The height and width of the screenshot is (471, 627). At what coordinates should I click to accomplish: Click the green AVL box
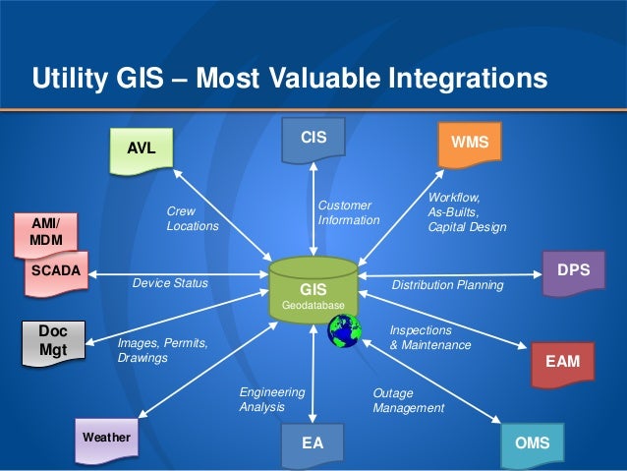141,148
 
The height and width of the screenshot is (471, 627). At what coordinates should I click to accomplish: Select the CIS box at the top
313,137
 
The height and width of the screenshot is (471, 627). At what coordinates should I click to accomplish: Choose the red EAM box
562,362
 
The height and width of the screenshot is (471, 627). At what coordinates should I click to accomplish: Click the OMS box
532,442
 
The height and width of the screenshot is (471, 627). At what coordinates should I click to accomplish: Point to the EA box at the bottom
313,442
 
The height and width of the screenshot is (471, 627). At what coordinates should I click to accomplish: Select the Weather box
106,437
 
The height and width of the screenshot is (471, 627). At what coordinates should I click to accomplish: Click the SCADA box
55,270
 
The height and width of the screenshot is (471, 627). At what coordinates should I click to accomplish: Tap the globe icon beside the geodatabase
344,332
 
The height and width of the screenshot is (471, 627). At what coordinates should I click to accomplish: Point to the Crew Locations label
192,218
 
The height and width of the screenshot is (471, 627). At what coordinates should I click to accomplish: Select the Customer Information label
348,212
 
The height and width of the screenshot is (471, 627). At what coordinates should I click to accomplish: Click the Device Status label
170,283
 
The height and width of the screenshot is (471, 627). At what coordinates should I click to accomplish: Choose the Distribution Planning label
447,285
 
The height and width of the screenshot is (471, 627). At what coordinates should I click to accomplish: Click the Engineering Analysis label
271,398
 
